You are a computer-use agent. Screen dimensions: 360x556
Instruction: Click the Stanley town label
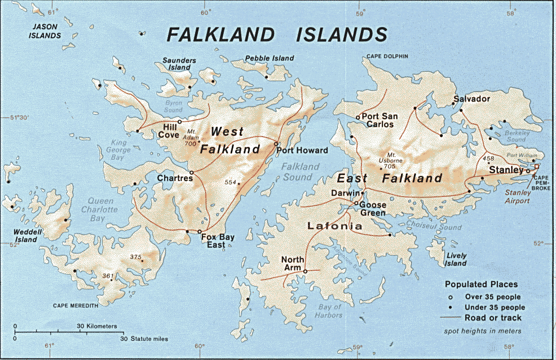pyautogui.click(x=506, y=169)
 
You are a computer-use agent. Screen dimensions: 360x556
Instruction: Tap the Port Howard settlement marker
pyautogui.click(x=276, y=144)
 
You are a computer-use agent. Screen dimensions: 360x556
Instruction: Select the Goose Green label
pyautogui.click(x=372, y=209)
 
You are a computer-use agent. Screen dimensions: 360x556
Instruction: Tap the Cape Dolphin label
pyautogui.click(x=387, y=56)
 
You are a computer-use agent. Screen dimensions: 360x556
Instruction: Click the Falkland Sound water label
pyautogui.click(x=297, y=172)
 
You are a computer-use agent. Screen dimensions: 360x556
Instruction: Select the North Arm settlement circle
pyautogui.click(x=305, y=271)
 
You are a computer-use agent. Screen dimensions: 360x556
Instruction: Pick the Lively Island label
pyautogui.click(x=456, y=259)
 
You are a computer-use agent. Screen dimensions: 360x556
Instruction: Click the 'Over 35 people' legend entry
pyautogui.click(x=492, y=297)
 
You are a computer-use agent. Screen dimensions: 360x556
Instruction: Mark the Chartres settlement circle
pyautogui.click(x=192, y=172)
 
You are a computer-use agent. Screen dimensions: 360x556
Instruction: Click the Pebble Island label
pyautogui.click(x=270, y=58)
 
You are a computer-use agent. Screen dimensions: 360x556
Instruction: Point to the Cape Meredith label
pyautogui.click(x=75, y=305)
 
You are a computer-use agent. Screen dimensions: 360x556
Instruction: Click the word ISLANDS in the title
pyautogui.click(x=342, y=34)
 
